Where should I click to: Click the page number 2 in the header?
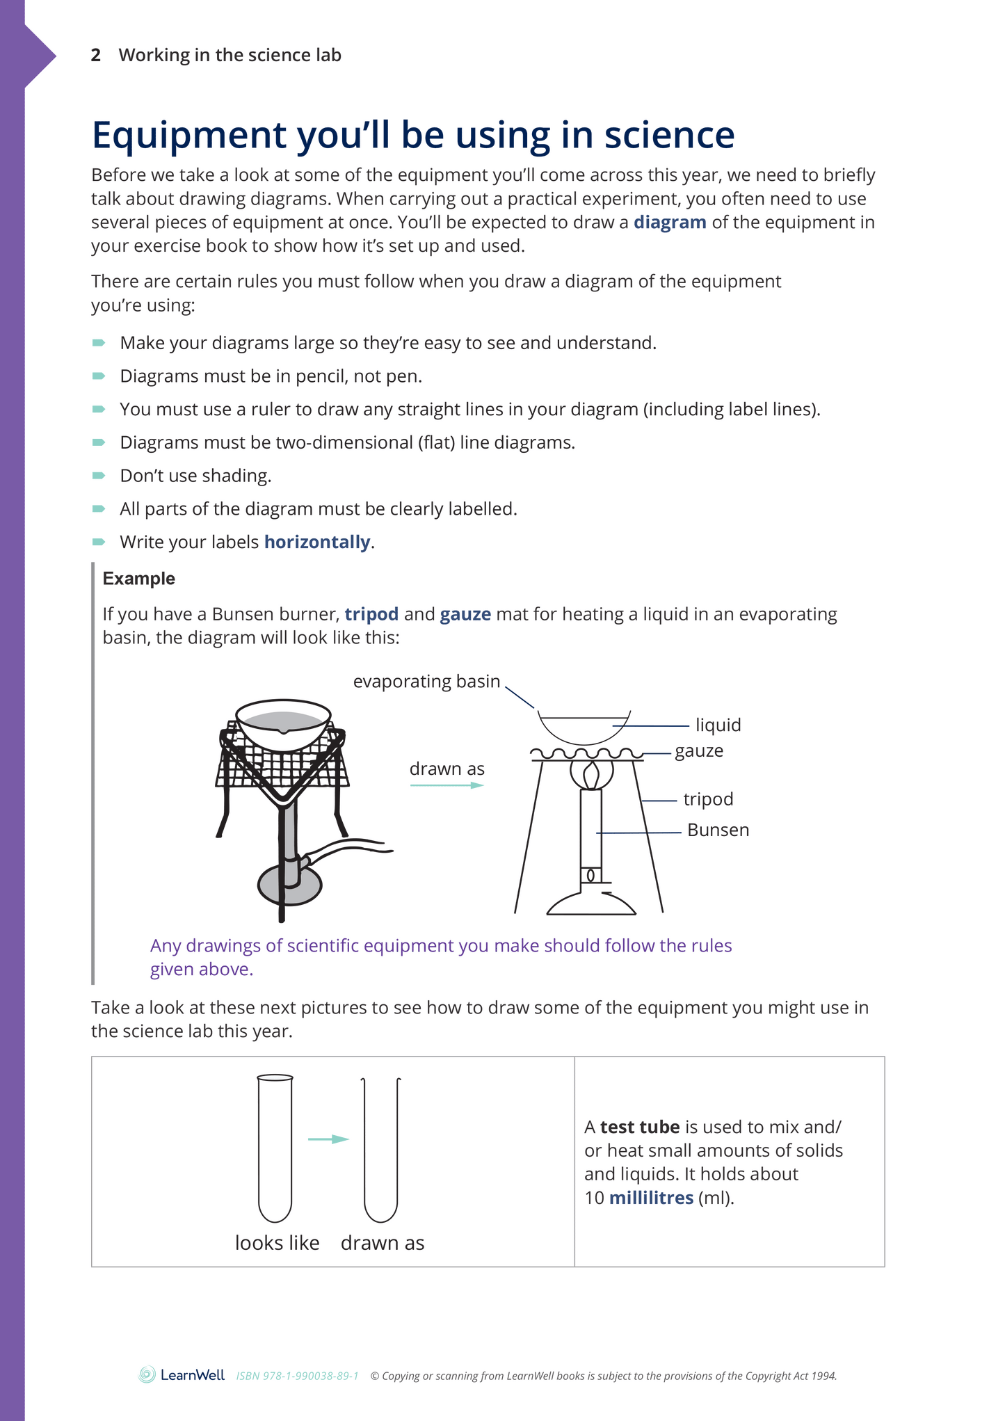(96, 55)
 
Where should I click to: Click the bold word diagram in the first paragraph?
(669, 223)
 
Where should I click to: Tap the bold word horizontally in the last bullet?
(317, 543)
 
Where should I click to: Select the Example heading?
(138, 579)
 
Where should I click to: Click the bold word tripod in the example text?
(371, 615)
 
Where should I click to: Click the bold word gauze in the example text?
(465, 615)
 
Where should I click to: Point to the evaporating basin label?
(426, 682)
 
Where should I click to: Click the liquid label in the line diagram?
(718, 725)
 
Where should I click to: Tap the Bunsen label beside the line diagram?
(718, 830)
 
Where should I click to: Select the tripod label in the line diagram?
(707, 799)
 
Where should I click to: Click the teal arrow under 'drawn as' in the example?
(447, 785)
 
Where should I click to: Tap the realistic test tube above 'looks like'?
(275, 1148)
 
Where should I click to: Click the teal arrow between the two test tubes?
(328, 1139)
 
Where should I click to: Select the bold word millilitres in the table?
(651, 1198)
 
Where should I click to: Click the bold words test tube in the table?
(639, 1127)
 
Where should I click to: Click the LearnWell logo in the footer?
(182, 1375)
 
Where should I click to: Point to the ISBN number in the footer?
(297, 1376)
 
